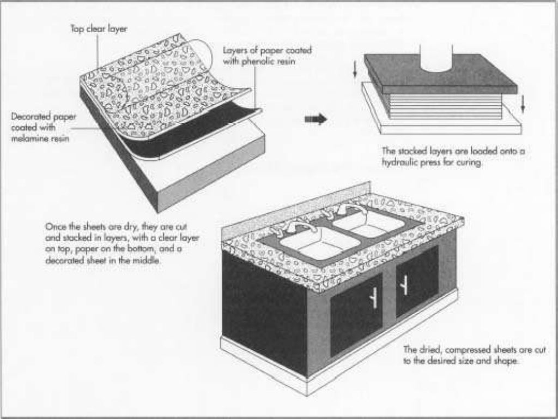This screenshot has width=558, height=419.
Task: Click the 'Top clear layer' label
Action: tap(99, 29)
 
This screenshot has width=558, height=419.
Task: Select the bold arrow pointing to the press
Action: tap(316, 119)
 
